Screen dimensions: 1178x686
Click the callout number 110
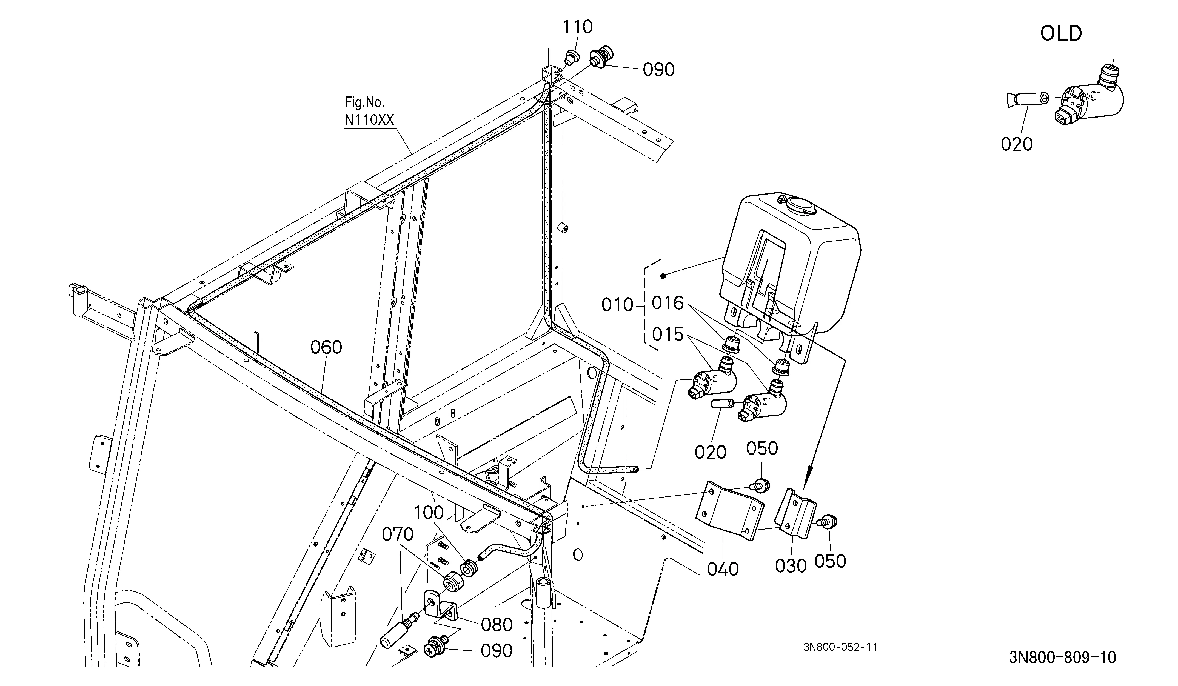tap(578, 27)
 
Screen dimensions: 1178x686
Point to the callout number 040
tap(723, 569)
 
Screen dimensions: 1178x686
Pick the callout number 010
tap(617, 305)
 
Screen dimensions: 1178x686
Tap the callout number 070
tap(398, 534)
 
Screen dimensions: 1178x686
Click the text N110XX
tap(369, 120)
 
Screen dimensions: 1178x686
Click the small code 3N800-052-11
tap(840, 647)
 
